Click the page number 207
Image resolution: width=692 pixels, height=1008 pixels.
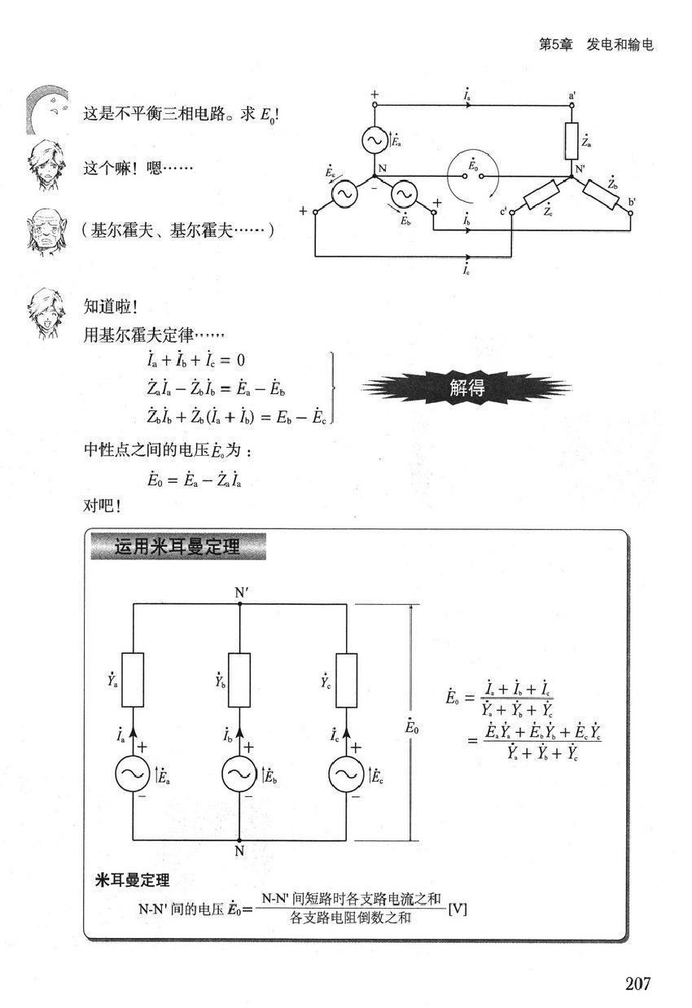point(637,984)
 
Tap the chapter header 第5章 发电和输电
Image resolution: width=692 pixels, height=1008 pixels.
point(596,45)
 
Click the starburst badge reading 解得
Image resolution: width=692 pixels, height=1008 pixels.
point(466,388)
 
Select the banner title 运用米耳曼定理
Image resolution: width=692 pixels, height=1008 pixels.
point(178,547)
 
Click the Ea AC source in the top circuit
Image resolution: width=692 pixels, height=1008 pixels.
point(374,140)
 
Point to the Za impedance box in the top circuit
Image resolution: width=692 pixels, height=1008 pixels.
point(572,141)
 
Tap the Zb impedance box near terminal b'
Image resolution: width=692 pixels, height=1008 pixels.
point(601,195)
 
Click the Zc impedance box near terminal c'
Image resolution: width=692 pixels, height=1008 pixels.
point(541,195)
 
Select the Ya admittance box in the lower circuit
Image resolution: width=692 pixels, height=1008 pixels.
point(133,680)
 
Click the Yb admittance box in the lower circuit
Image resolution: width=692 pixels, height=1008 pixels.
point(239,680)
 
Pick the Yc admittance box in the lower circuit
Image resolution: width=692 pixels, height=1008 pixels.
point(347,680)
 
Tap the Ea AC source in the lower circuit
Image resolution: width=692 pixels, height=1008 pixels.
point(133,774)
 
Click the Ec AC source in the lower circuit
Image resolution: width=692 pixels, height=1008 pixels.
point(346,774)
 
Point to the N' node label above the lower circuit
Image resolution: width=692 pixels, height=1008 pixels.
point(242,593)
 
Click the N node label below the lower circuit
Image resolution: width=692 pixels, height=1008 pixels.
point(239,851)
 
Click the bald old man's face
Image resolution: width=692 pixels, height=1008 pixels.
point(46,231)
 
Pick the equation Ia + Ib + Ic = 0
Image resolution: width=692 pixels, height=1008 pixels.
point(195,360)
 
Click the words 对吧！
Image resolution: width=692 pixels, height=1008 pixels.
point(102,506)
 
